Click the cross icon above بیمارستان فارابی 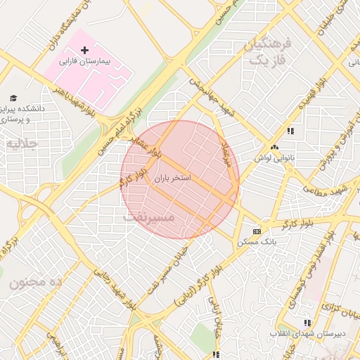click(x=85, y=50)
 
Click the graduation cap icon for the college click(x=13, y=98)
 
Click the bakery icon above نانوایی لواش click(x=274, y=147)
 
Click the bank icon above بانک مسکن click(x=257, y=231)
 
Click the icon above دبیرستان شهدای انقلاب click(x=307, y=321)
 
